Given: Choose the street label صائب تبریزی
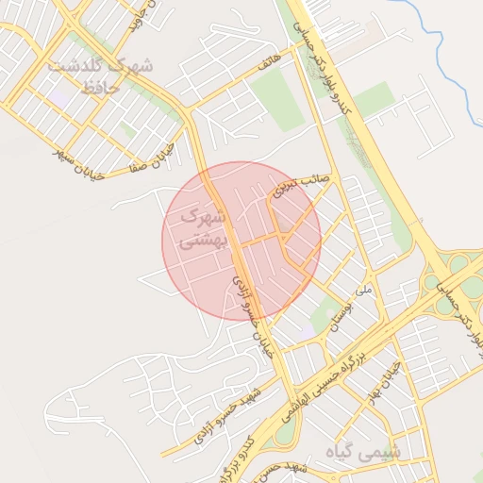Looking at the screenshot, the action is click(x=299, y=184).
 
